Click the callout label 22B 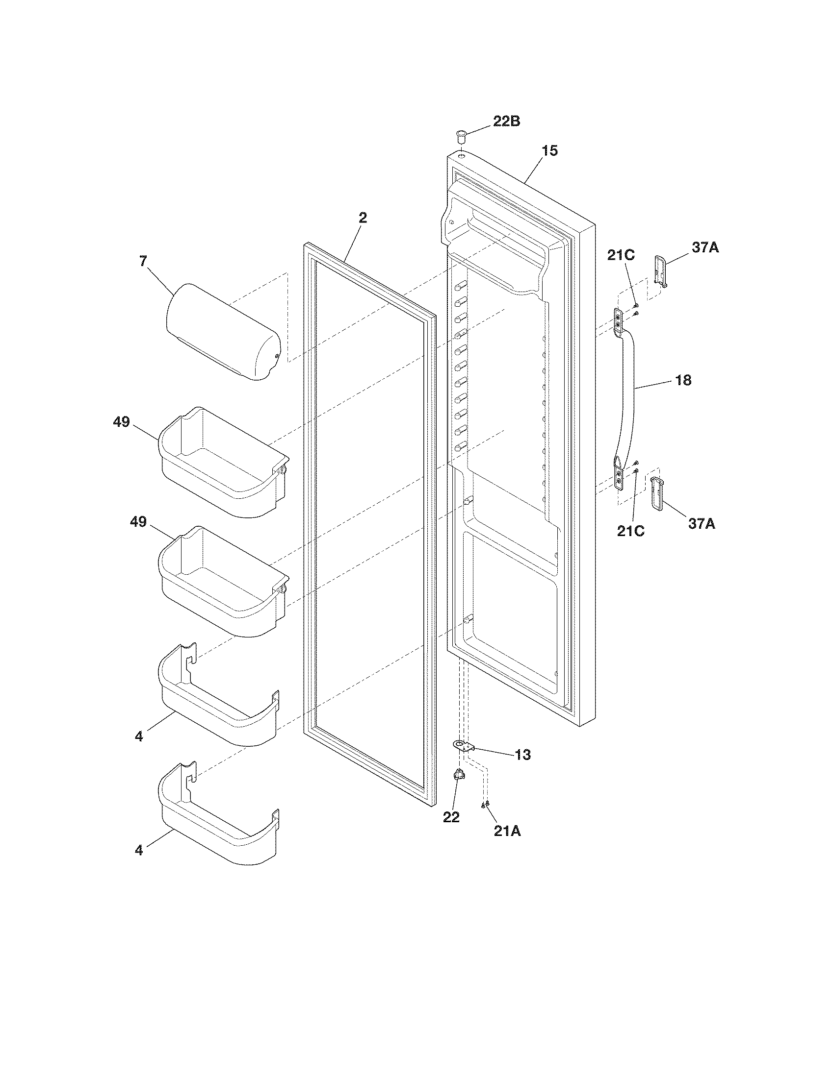506,121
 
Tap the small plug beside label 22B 461,135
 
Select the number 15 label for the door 549,151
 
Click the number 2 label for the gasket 363,218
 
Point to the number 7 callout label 143,261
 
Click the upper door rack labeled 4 217,701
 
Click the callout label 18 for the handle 683,380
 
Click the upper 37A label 704,248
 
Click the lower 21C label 630,532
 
